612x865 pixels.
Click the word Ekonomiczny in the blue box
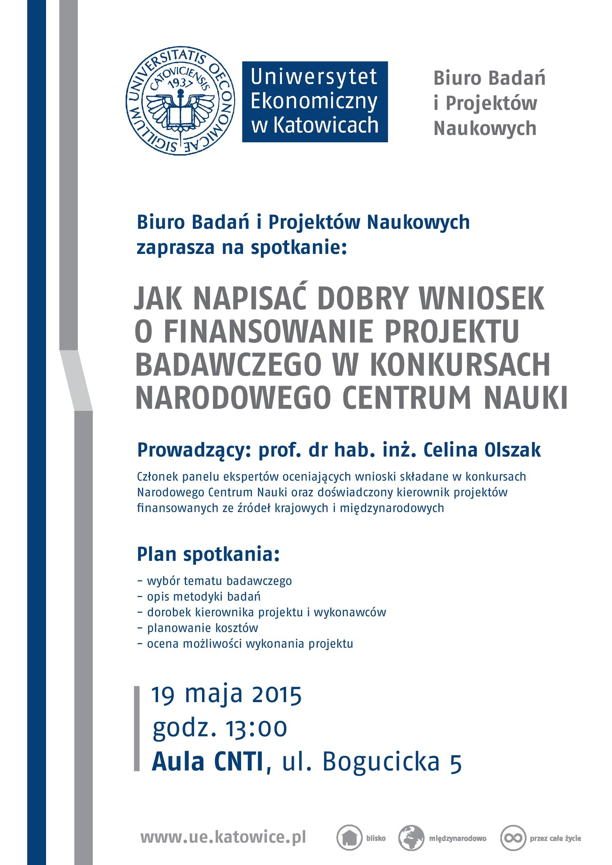coord(314,101)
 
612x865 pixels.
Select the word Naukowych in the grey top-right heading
coord(485,128)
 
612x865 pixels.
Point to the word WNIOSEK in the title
coord(482,298)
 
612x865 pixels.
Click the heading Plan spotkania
coord(208,555)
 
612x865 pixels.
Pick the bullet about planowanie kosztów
coord(202,628)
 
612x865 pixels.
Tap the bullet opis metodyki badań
coord(203,596)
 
